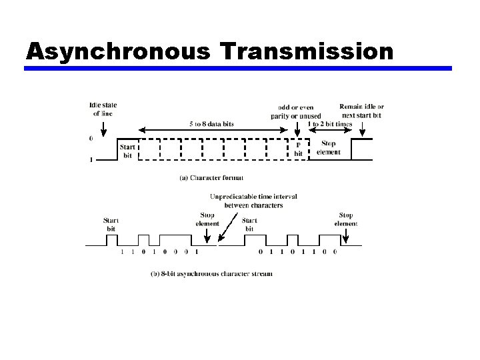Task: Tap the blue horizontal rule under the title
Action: coord(239,69)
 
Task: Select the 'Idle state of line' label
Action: coord(103,109)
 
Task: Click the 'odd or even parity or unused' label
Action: coord(296,112)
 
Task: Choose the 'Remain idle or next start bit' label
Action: coord(361,111)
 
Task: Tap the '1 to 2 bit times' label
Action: coord(329,124)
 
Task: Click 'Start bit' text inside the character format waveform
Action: coord(127,151)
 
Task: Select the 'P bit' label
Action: coord(298,149)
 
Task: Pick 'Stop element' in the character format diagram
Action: coord(329,148)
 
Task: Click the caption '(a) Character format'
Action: coord(212,177)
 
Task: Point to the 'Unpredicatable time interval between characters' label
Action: coord(253,201)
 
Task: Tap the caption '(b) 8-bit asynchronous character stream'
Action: coord(211,274)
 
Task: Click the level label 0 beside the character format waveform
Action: coord(91,139)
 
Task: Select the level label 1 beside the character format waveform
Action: coord(91,160)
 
